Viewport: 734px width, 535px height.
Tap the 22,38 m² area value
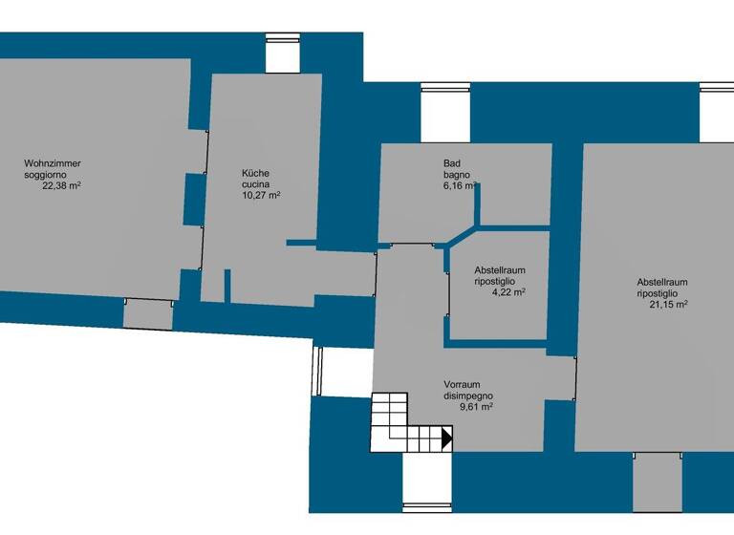point(60,186)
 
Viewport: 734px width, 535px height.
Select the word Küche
point(255,173)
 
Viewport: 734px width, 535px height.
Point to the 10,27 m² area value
point(261,195)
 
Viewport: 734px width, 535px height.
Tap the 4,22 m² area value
point(507,293)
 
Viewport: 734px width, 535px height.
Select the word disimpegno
point(469,396)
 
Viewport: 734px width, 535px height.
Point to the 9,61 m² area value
point(476,407)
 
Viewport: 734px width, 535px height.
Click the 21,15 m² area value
point(669,305)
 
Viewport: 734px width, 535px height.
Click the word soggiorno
point(46,176)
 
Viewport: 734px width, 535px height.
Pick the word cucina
point(255,184)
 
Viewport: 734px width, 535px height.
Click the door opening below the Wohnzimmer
point(147,311)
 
